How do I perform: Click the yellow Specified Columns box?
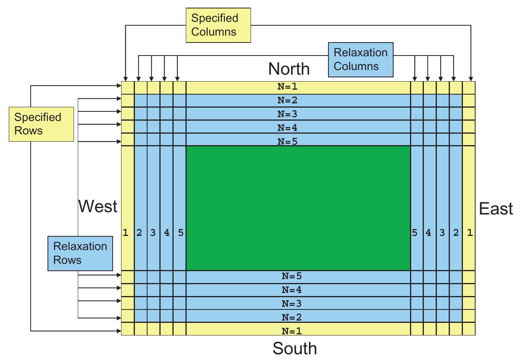coord(218,25)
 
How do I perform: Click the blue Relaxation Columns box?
coord(360,60)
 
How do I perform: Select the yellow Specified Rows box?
coord(41,124)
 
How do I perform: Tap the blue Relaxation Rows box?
coord(80,254)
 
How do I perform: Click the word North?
coord(289,69)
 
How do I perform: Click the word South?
coord(295,349)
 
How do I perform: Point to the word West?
coord(98,206)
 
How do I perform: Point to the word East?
coord(496,209)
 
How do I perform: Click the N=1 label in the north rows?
coord(287,87)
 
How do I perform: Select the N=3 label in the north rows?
coord(287,114)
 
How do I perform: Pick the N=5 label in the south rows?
coord(292,276)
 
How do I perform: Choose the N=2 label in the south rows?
coord(292,317)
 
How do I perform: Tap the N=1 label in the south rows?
coord(292,331)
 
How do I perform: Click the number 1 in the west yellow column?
coord(125,232)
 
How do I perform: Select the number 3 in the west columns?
coord(153,232)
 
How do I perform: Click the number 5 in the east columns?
coord(415,232)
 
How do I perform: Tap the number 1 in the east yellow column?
coord(470,232)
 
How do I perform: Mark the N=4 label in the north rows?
coord(287,128)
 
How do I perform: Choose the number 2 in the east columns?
coord(456,232)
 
